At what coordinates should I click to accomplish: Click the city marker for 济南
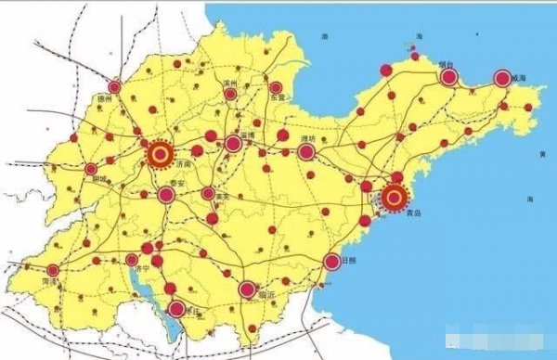tap(161, 155)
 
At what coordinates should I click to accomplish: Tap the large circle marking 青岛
tap(395, 196)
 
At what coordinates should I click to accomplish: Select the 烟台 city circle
tap(448, 77)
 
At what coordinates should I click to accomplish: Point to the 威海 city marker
tap(502, 79)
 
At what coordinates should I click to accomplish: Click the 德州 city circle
tap(114, 87)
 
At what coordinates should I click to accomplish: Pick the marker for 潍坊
tap(305, 150)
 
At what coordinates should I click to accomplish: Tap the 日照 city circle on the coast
tap(331, 262)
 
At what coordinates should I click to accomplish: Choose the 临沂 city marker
tap(247, 289)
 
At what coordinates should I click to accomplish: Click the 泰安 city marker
tap(166, 195)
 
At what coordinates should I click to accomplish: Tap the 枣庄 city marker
tap(175, 307)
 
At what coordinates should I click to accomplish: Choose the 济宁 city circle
tap(133, 259)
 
